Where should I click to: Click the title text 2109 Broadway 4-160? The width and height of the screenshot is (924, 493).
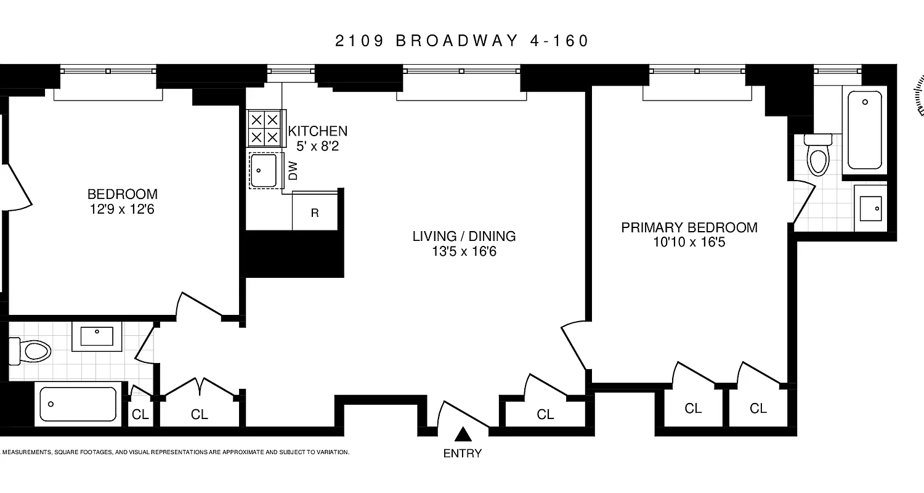[x=462, y=41]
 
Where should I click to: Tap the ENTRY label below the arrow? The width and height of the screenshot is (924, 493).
[x=463, y=454]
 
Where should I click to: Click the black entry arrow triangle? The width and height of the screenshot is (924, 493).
[x=463, y=435]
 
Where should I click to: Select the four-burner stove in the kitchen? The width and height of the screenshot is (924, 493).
[x=265, y=128]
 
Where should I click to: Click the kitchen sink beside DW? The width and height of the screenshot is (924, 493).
[x=264, y=170]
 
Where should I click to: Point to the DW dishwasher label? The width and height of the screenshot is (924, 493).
[x=293, y=171]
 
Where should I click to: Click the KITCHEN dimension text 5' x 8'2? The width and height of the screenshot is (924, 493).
[x=317, y=147]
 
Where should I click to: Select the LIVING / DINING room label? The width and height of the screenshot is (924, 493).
[x=464, y=236]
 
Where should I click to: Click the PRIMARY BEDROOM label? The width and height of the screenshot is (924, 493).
[x=689, y=227]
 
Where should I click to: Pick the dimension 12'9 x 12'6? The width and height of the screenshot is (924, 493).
[x=122, y=209]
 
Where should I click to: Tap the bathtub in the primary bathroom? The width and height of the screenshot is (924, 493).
[x=867, y=129]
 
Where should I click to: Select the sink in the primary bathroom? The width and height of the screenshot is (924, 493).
[x=870, y=208]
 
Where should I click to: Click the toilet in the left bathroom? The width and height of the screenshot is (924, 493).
[x=34, y=351]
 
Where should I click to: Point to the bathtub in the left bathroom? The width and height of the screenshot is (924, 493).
[x=78, y=404]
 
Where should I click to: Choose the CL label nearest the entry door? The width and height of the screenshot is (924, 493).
[x=545, y=415]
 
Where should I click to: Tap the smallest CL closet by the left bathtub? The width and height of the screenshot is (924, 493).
[x=140, y=415]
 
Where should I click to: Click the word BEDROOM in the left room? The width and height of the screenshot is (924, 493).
[x=122, y=194]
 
